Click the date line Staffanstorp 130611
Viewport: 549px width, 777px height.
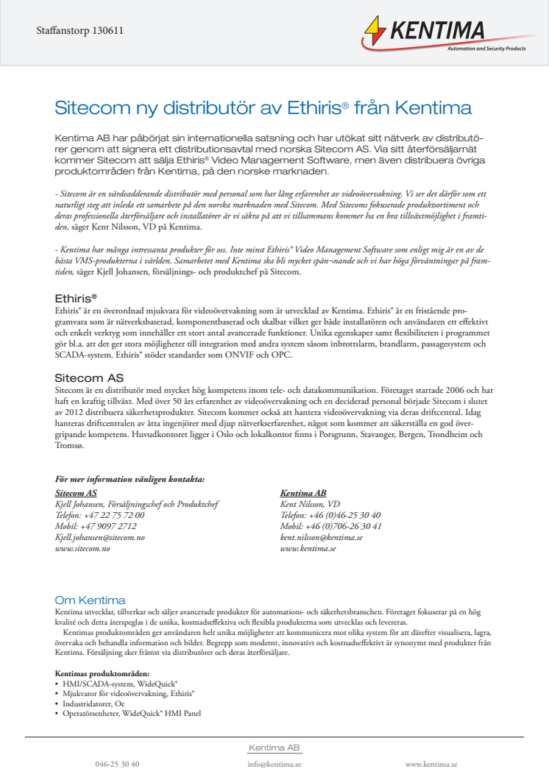[79, 31]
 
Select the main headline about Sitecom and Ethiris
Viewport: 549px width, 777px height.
[263, 108]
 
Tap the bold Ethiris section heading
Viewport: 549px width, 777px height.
[76, 299]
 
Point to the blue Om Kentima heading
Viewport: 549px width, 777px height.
[90, 600]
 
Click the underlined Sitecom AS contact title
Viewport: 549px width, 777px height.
[76, 493]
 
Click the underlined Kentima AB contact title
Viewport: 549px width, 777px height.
[303, 493]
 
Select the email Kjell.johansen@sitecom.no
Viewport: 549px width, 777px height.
[100, 537]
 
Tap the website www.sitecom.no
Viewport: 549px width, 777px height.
[82, 548]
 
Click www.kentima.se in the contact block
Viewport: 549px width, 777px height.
[308, 548]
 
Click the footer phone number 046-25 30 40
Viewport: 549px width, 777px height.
[117, 764]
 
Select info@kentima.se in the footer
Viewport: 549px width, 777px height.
[274, 764]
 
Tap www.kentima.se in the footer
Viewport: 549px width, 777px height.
[431, 764]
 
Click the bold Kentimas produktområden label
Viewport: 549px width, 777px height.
[102, 673]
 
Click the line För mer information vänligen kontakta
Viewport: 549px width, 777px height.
[130, 479]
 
